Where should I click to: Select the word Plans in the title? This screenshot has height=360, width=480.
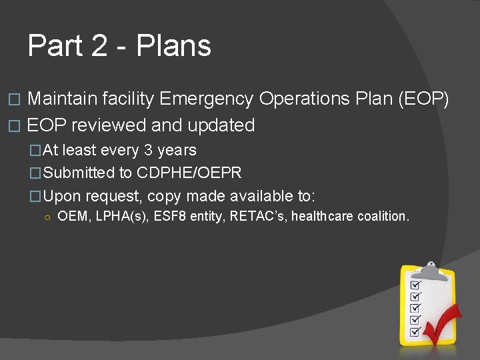coord(173,46)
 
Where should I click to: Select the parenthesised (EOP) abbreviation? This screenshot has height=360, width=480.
coord(423,99)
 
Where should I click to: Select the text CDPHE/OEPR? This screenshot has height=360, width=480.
coord(189,173)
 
